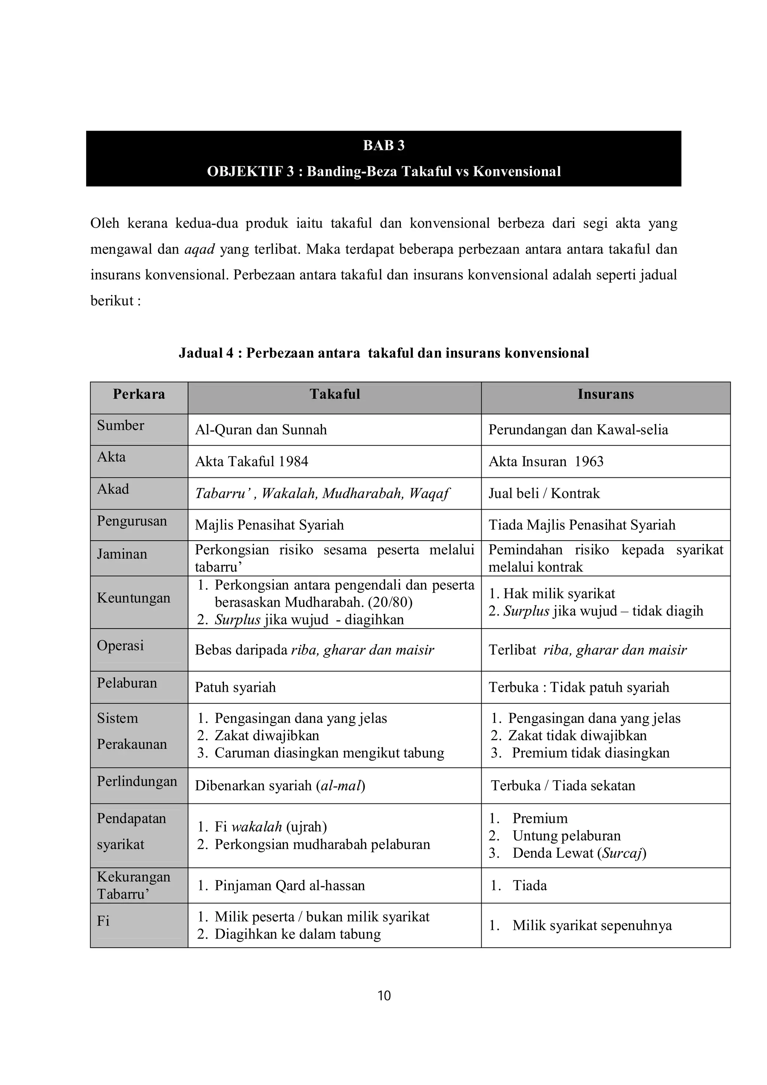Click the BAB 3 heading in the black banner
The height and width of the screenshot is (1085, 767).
pos(383,146)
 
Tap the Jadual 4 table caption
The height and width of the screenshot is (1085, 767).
pos(383,353)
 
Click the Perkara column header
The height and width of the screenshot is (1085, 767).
pos(139,394)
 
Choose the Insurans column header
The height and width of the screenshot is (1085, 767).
pos(605,394)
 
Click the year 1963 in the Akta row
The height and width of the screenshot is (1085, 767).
pos(589,461)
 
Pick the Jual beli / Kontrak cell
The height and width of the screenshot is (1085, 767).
pos(544,493)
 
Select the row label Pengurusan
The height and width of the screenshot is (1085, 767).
pos(132,521)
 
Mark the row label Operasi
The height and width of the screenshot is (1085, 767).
pos(121,645)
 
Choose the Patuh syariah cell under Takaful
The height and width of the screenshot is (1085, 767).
pos(235,687)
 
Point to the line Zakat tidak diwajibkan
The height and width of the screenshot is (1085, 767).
pos(577,736)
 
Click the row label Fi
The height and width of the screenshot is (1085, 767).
pos(103,921)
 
